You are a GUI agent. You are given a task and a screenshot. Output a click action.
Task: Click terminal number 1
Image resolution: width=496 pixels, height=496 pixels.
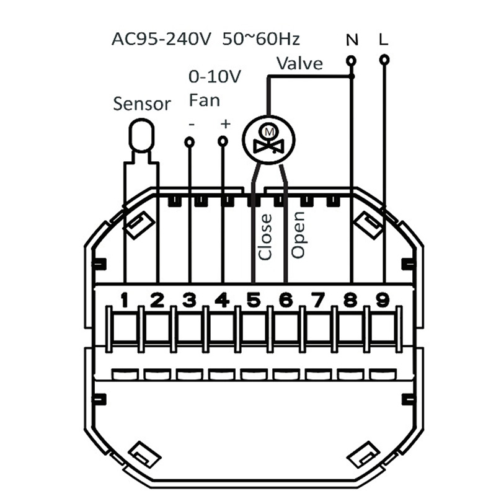point(125,300)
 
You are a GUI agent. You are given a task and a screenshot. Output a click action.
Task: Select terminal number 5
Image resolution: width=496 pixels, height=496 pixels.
point(253,300)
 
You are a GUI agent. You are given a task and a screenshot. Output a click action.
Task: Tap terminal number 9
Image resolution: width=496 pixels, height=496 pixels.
point(383,300)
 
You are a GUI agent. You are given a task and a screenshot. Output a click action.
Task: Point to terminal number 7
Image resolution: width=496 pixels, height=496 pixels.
point(318,300)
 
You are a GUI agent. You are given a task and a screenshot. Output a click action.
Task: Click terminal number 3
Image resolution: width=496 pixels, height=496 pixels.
point(189,300)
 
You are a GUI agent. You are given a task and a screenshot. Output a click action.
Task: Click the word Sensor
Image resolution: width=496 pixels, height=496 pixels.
point(141,104)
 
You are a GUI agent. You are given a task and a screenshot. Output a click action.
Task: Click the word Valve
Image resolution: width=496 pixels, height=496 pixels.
point(299,63)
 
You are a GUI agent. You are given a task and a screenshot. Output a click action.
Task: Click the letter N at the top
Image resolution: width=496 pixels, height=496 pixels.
point(352,40)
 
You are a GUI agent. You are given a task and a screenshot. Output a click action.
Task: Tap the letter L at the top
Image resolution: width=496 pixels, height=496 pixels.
point(383,40)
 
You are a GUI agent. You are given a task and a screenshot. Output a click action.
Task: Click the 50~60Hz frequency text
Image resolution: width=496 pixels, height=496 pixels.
point(260,40)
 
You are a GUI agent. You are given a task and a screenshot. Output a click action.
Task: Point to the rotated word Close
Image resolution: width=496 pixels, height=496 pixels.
point(265,236)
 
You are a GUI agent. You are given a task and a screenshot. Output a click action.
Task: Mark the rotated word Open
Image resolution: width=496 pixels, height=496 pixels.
point(298,235)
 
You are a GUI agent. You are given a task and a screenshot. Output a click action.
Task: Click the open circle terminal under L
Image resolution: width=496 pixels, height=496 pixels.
point(384,60)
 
